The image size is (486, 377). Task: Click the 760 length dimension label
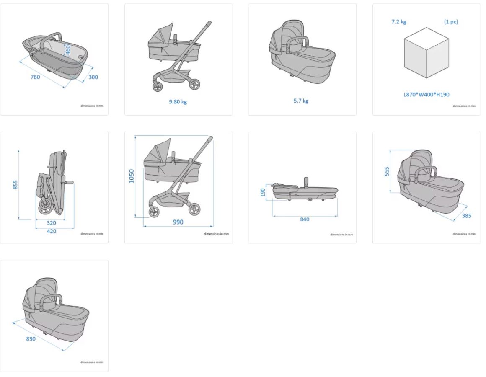[x=35, y=77]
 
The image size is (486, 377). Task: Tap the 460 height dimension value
[x=68, y=50]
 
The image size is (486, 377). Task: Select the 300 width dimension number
[x=93, y=77]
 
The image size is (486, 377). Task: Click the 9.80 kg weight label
[x=178, y=102]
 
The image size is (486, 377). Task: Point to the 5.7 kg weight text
[x=301, y=101]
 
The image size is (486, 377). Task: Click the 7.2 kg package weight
[x=399, y=22]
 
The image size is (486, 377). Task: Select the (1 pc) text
[x=451, y=22]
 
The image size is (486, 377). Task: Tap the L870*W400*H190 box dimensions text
[x=427, y=95]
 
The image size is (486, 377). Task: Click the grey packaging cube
[x=427, y=53]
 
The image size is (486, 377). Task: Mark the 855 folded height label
[x=16, y=185]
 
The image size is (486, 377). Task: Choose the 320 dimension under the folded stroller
[x=51, y=223]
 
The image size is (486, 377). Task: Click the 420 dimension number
[x=51, y=231]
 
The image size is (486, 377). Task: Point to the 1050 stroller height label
[x=132, y=176]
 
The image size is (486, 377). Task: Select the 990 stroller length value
[x=178, y=222]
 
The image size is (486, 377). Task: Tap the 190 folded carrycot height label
[x=263, y=192]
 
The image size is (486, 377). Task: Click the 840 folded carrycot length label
[x=305, y=219]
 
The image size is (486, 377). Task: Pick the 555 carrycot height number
[x=387, y=171]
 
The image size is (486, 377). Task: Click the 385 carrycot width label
[x=466, y=216]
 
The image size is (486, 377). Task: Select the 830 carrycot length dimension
[x=31, y=339]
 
